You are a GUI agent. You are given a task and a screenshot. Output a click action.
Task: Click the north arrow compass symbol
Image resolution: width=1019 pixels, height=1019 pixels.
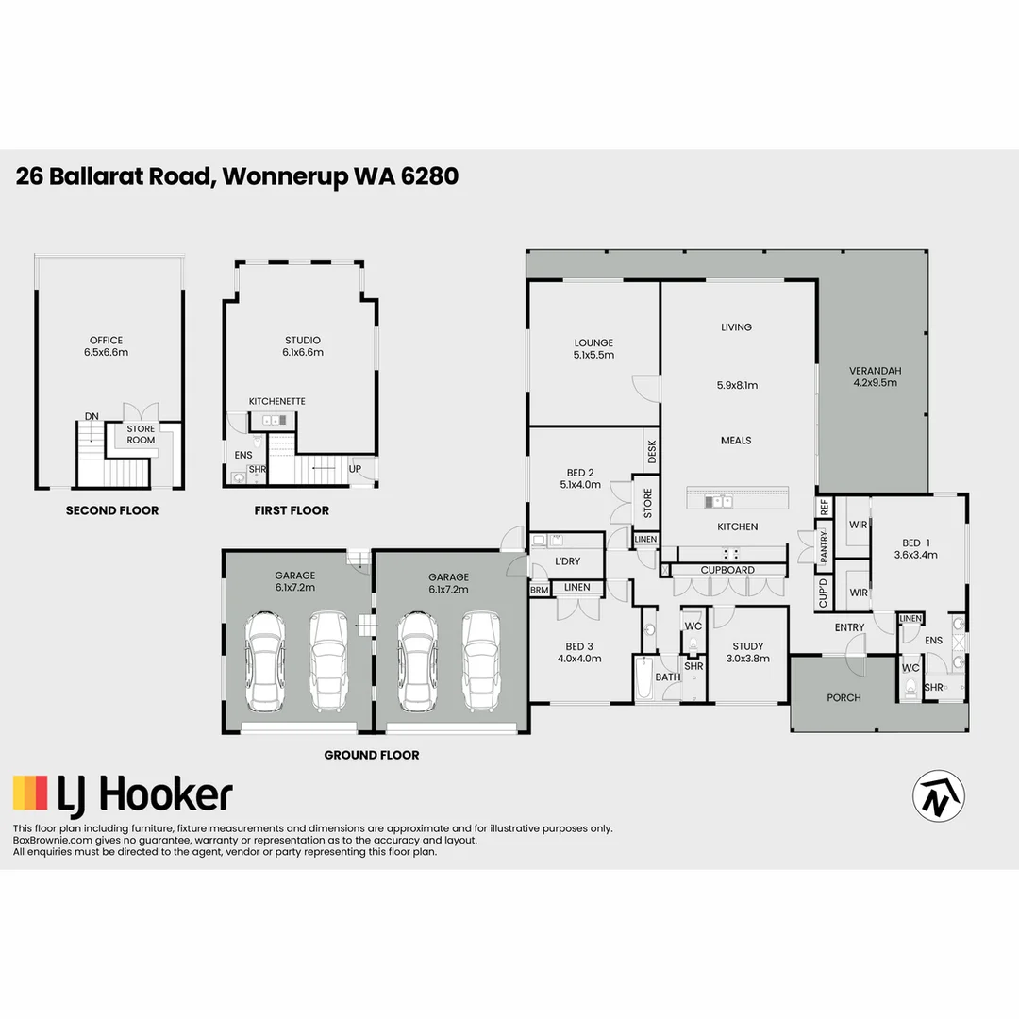click(x=938, y=794)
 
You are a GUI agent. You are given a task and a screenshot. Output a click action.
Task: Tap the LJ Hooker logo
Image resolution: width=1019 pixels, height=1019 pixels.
click(x=123, y=794)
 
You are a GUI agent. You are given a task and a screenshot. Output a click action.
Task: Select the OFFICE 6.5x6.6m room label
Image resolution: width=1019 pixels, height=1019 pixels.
click(x=107, y=346)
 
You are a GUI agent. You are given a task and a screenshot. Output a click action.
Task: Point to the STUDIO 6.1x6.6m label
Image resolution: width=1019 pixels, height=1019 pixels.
click(x=303, y=346)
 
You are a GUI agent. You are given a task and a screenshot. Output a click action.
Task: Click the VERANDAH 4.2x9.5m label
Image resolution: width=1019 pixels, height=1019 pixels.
click(x=873, y=376)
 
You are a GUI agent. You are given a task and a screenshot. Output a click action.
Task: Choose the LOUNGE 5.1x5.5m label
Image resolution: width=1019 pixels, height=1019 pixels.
click(x=593, y=349)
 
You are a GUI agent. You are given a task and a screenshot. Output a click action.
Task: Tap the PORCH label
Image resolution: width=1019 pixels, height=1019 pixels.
click(x=844, y=698)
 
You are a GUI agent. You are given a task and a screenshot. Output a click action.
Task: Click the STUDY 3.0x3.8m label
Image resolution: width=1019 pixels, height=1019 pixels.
click(x=748, y=653)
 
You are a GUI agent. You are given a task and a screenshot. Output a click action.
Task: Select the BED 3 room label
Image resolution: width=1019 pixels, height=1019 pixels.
click(x=579, y=652)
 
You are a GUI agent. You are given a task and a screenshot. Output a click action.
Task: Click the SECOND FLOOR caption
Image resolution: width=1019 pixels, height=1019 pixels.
click(x=111, y=510)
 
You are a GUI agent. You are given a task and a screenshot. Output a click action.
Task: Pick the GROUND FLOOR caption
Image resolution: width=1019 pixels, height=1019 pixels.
click(x=372, y=755)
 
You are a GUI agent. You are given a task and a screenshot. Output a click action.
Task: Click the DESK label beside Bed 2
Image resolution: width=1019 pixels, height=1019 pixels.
click(x=651, y=452)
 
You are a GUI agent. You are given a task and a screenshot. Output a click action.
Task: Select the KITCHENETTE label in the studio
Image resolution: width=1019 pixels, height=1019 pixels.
click(x=276, y=401)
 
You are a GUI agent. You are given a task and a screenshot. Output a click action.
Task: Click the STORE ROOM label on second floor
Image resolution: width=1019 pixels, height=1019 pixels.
click(x=141, y=435)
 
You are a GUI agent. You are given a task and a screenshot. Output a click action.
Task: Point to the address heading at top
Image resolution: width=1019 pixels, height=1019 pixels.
click(x=237, y=176)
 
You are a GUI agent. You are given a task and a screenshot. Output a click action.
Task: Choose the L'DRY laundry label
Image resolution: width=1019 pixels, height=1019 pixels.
click(x=567, y=561)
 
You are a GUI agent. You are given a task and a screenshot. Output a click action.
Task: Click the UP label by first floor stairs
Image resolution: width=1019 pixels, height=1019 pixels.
click(x=355, y=469)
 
